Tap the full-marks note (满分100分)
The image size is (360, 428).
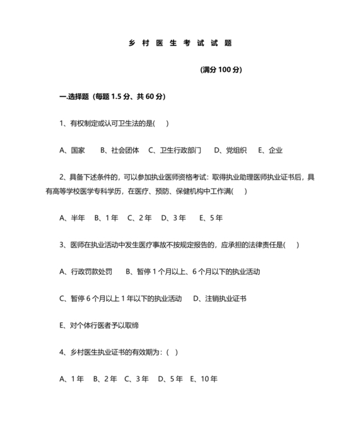[x=221, y=70]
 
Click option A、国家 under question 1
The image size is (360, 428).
[x=72, y=151]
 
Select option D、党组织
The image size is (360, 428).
[x=230, y=151]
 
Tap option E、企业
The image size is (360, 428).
[x=270, y=151]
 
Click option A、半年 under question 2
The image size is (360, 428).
[x=72, y=218]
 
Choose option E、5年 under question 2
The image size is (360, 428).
[x=212, y=218]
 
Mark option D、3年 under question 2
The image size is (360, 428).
[x=174, y=218]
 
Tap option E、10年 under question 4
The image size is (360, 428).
[x=204, y=379]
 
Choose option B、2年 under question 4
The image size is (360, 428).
[x=105, y=379]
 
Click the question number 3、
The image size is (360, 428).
[x=63, y=245]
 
